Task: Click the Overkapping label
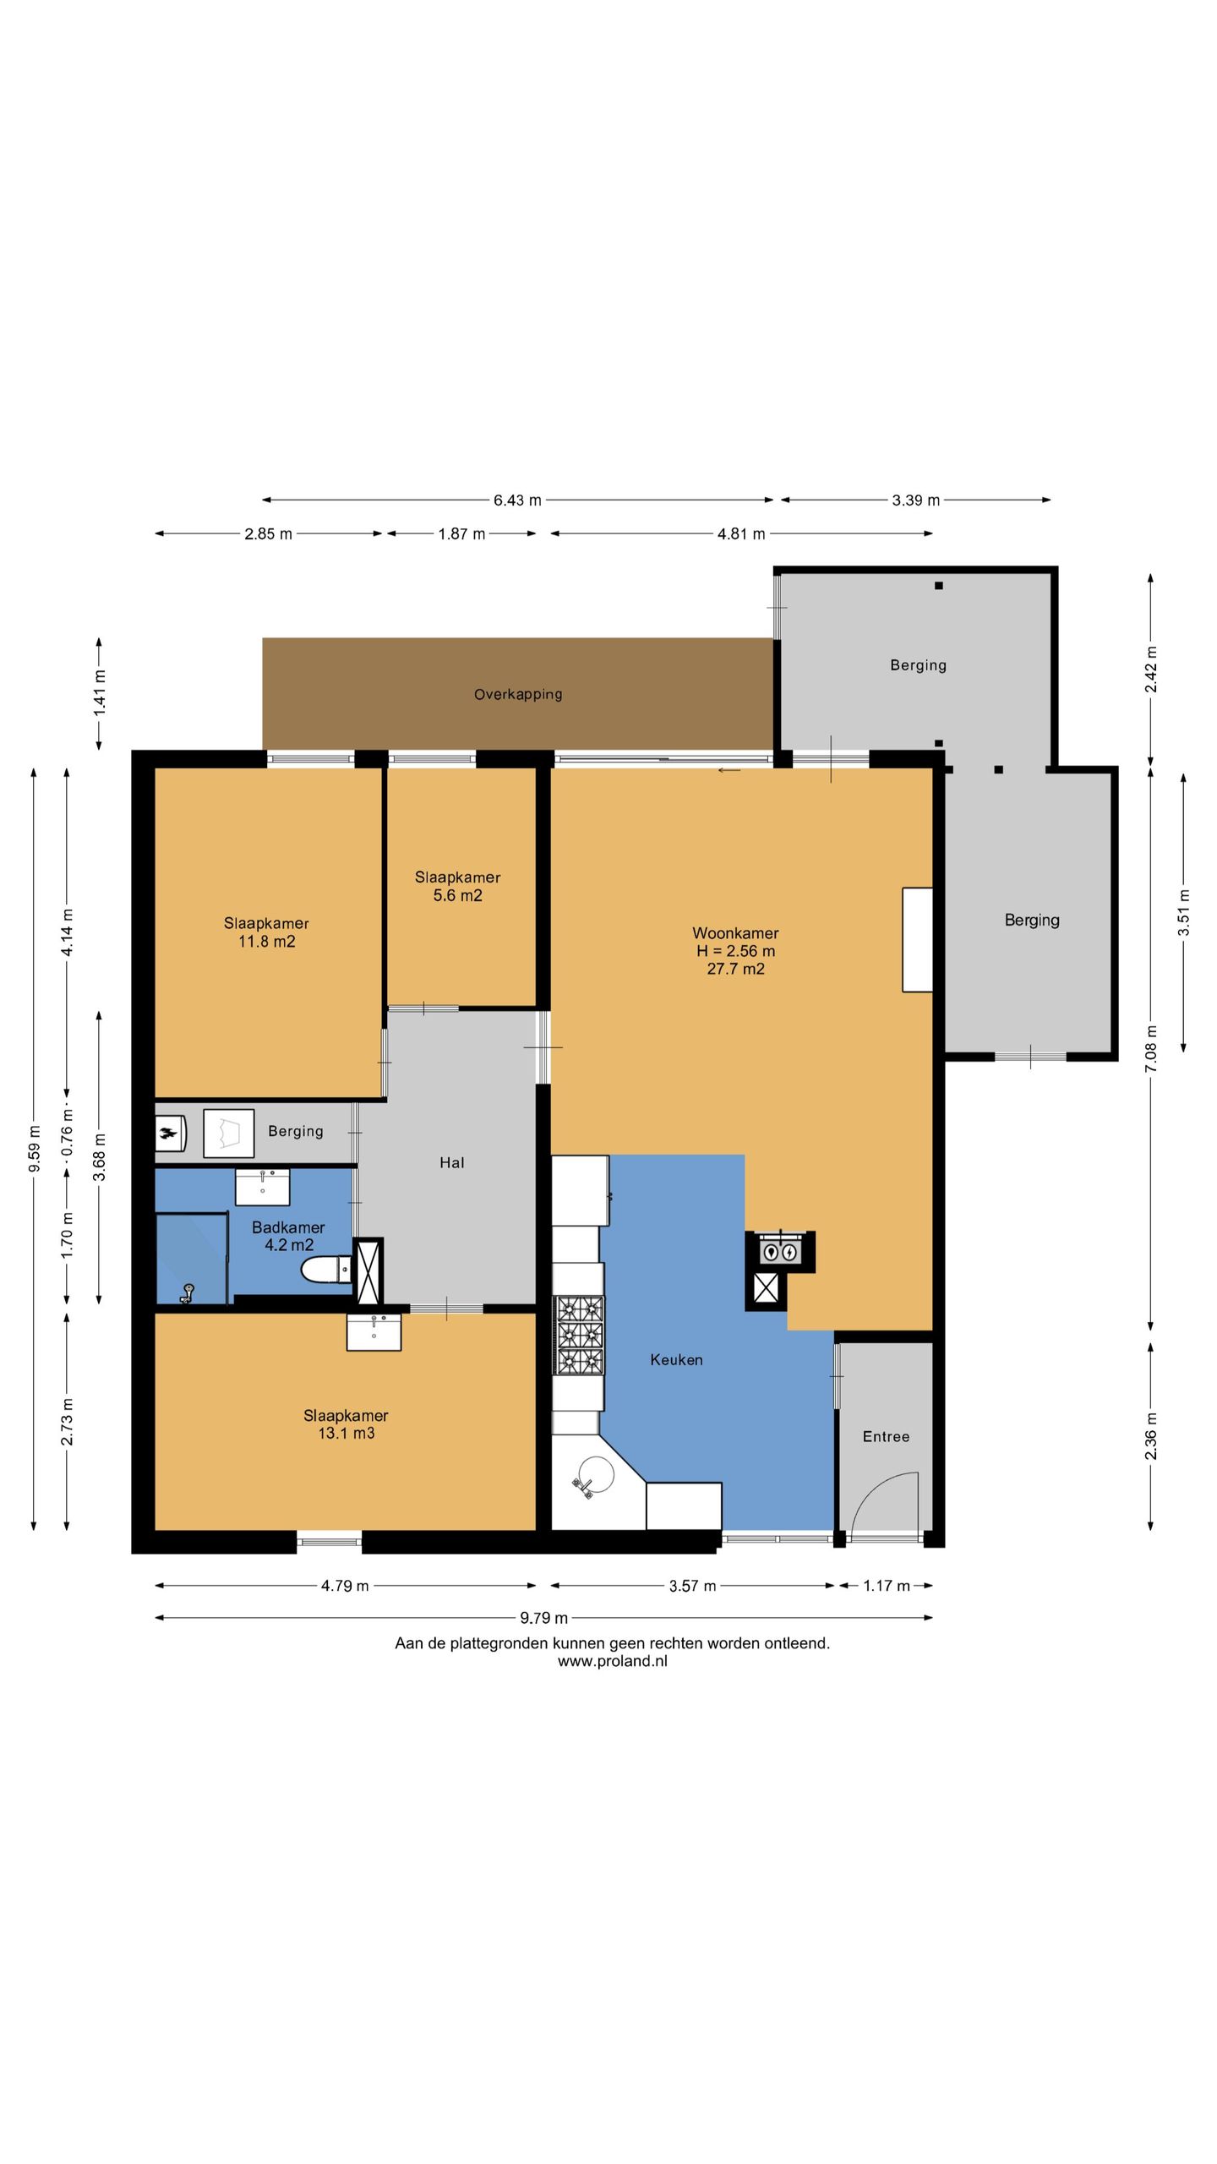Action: click(x=518, y=694)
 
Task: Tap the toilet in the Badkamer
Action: click(x=326, y=1269)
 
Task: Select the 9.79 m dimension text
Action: click(x=544, y=1618)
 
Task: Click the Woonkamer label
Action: click(x=735, y=933)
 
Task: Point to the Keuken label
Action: click(x=676, y=1359)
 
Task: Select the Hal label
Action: click(x=452, y=1162)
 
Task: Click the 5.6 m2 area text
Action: click(x=458, y=895)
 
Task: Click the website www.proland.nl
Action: click(x=613, y=1660)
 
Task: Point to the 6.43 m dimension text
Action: click(x=517, y=500)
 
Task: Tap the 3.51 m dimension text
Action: click(x=1183, y=913)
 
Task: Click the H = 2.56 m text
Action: click(x=735, y=951)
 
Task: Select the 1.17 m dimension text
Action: click(x=887, y=1586)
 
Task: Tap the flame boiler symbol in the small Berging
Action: click(x=170, y=1133)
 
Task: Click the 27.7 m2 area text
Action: click(x=735, y=969)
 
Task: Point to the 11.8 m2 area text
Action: click(x=266, y=942)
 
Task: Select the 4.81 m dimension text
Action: click(x=741, y=533)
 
